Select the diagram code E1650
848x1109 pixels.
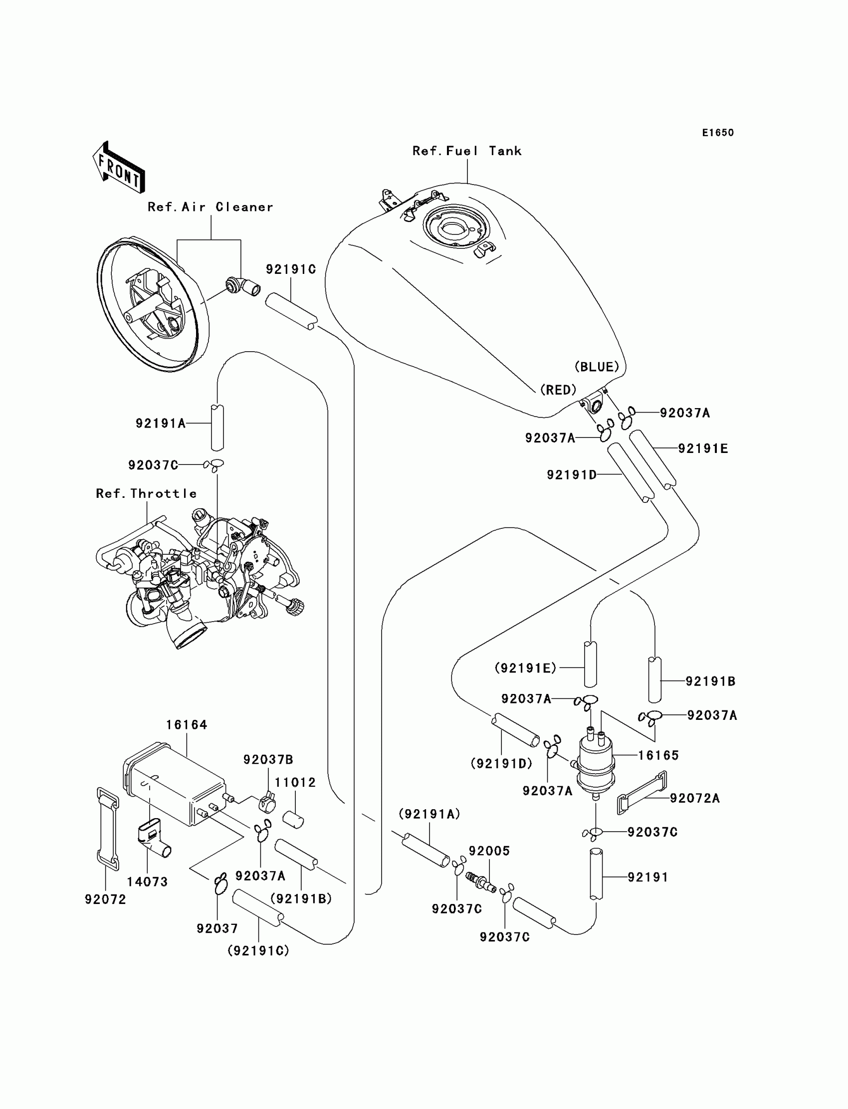[x=718, y=133]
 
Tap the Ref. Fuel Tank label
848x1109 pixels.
[x=467, y=151]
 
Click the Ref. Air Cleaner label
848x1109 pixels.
[x=211, y=207]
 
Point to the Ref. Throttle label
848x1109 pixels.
[x=146, y=493]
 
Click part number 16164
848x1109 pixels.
[x=187, y=725]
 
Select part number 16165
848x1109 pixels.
[x=658, y=756]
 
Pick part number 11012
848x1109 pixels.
[x=295, y=782]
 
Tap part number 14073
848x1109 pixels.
[x=147, y=882]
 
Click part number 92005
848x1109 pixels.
[x=489, y=851]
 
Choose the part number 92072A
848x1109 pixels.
[x=694, y=798]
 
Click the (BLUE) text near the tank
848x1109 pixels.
[x=597, y=367]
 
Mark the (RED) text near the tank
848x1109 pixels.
[x=558, y=390]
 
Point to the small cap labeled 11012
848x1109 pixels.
[x=293, y=819]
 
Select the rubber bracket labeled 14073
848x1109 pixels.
[x=154, y=839]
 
